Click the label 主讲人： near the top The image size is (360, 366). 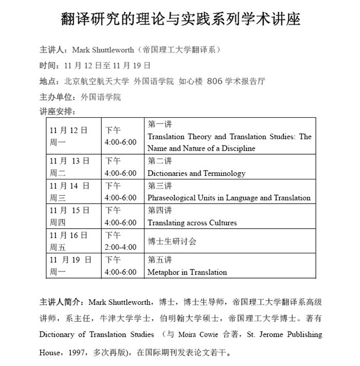coord(55,50)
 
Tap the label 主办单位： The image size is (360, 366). coord(58,97)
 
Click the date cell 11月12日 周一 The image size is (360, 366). coord(68,136)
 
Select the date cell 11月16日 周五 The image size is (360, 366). coord(68,241)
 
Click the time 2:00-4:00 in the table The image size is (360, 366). coord(120,247)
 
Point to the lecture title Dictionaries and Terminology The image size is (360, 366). coord(196,173)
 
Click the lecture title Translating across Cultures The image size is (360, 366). coord(192,223)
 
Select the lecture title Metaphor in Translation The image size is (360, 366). coord(187,272)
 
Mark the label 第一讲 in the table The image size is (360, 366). coord(159,124)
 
